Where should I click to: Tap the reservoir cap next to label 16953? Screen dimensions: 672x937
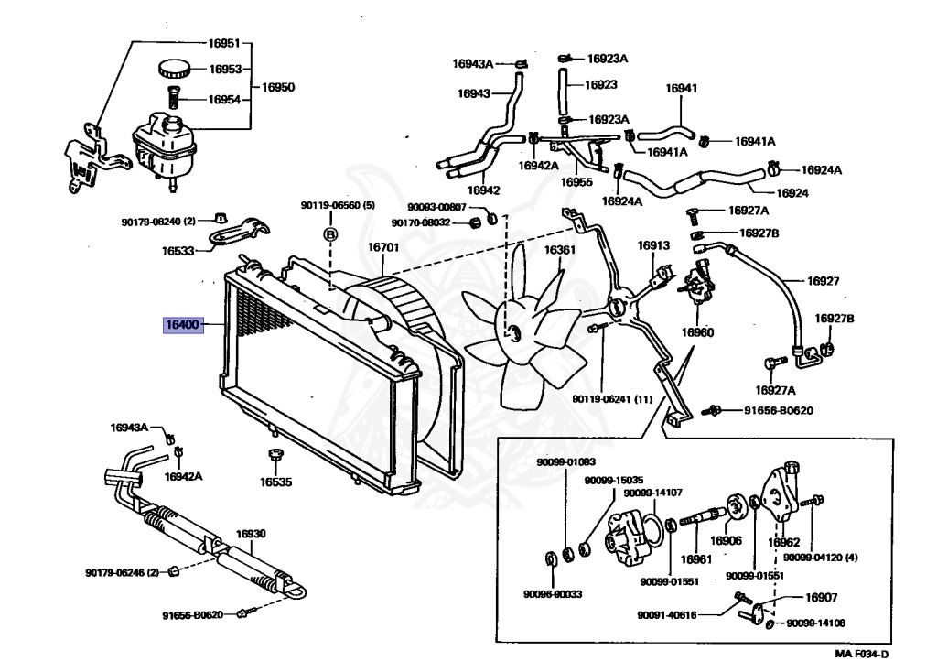point(173,68)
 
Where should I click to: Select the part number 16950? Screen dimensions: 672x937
point(278,88)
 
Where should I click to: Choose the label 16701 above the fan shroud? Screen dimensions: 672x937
point(383,247)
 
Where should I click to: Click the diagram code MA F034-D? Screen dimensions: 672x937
point(861,654)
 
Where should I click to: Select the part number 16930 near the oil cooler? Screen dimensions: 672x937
point(250,534)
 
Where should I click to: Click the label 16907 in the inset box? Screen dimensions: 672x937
point(821,598)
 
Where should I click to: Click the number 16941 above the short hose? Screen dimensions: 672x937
point(681,89)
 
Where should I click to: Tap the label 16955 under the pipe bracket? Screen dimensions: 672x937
point(576,182)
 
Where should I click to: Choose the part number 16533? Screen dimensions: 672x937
point(180,251)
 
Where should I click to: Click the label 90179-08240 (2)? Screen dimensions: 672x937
point(158,221)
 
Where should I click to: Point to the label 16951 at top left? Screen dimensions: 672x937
point(224,43)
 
